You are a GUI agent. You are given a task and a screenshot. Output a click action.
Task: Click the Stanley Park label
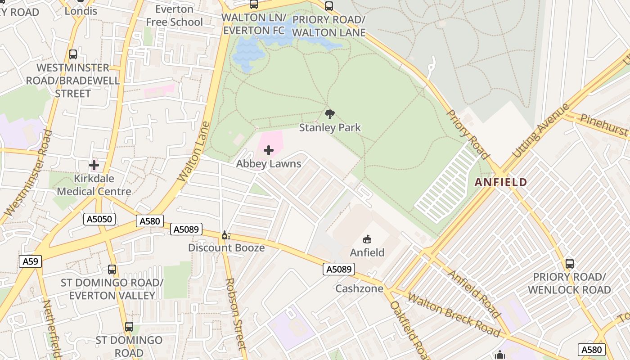[x=330, y=128]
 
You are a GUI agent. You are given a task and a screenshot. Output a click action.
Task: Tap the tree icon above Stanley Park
[x=330, y=114]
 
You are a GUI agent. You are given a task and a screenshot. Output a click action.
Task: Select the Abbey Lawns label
[x=269, y=164]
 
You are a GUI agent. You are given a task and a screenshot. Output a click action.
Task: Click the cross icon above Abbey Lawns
[x=269, y=150]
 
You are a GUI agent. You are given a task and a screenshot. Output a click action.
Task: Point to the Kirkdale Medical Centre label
[x=94, y=185]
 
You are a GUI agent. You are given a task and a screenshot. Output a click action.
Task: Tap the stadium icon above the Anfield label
[x=367, y=239]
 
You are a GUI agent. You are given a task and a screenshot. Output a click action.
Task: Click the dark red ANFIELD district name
[x=501, y=182]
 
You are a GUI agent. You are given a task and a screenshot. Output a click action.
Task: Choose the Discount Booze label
[x=226, y=248]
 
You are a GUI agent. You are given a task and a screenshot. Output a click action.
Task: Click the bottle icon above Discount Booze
[x=226, y=235]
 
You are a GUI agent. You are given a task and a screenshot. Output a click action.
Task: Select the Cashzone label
[x=359, y=288]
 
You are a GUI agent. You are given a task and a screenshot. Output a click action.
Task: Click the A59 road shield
[x=31, y=261]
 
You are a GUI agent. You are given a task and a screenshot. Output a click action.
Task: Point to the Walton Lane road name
[x=194, y=151]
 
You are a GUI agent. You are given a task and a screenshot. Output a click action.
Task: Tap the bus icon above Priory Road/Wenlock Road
[x=569, y=264]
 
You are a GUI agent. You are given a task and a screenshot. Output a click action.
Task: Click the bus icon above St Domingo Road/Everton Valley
[x=112, y=270]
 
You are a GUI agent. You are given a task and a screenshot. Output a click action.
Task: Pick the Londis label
[x=81, y=11]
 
